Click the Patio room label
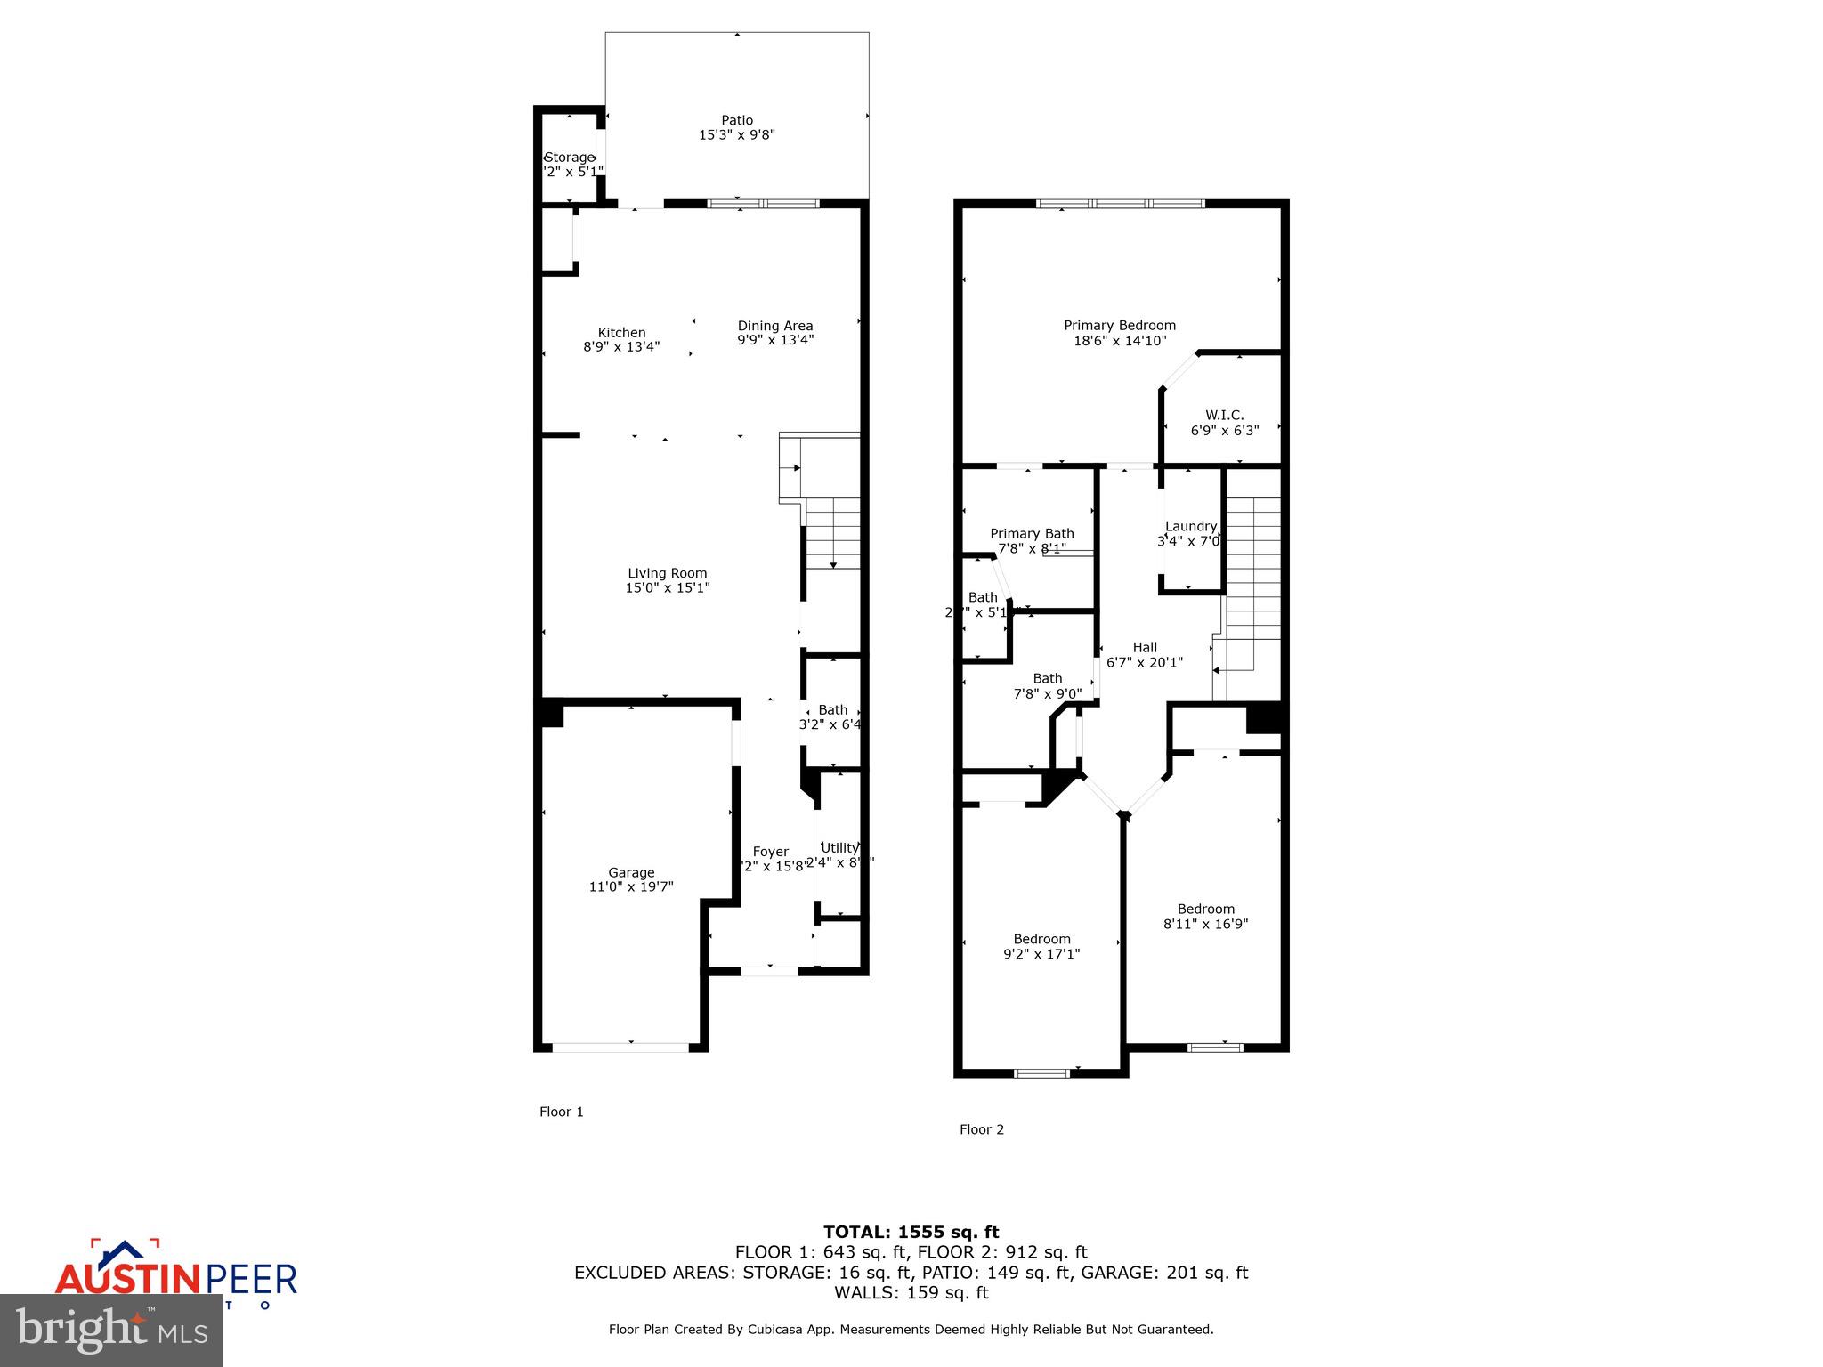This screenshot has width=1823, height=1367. (x=736, y=120)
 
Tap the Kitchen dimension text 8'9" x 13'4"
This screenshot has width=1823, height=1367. (x=621, y=347)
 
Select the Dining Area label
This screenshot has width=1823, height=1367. (x=774, y=326)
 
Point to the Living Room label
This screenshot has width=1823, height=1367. (x=667, y=573)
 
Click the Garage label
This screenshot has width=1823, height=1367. (x=631, y=872)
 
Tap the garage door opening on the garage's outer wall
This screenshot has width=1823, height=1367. (x=620, y=1047)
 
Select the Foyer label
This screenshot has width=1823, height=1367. (x=770, y=852)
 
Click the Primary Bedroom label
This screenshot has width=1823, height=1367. (x=1120, y=326)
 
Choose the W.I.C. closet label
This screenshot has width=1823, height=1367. (x=1224, y=415)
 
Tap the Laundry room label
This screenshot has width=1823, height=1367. (x=1190, y=526)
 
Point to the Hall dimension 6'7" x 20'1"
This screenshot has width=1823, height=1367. (x=1144, y=662)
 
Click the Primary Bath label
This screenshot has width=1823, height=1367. (x=1032, y=534)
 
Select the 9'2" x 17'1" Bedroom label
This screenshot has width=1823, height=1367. (x=1041, y=946)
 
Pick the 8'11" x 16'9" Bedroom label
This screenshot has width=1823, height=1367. (x=1205, y=916)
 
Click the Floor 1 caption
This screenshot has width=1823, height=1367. (x=561, y=1112)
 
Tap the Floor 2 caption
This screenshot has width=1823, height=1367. (x=981, y=1129)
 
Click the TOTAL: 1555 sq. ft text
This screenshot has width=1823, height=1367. (x=911, y=1232)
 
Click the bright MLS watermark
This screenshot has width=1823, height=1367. (x=110, y=1330)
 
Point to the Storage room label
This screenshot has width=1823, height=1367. (x=569, y=158)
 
